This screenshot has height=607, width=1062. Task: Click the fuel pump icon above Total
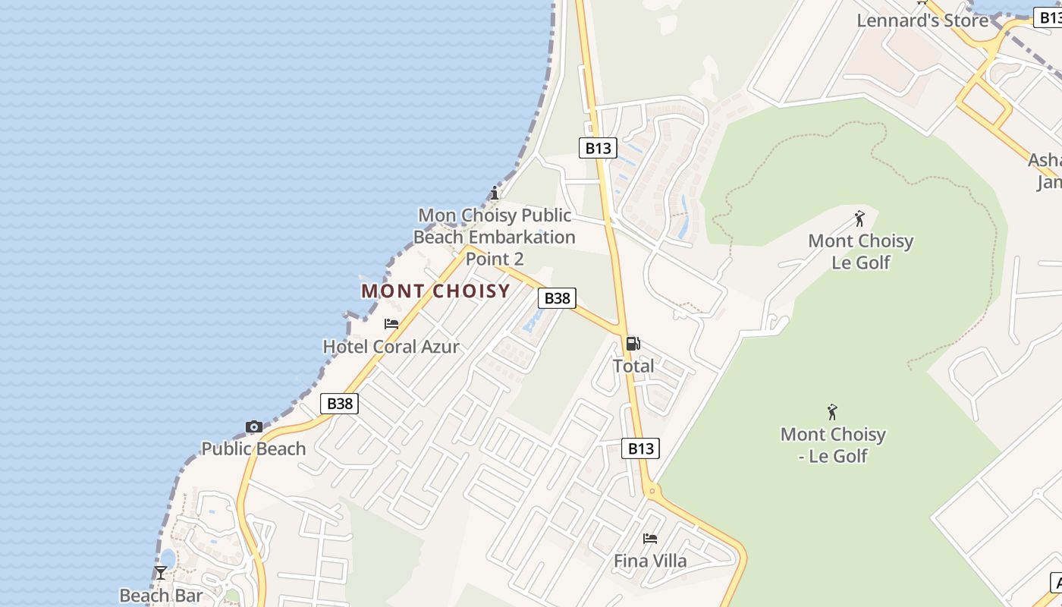point(633,344)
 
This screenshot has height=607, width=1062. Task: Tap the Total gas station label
point(633,366)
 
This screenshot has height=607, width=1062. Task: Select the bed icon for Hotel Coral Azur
point(391,323)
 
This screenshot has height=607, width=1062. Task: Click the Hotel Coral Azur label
point(391,347)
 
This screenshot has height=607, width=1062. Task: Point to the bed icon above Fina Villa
point(650,539)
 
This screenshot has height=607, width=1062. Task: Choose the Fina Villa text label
point(650,561)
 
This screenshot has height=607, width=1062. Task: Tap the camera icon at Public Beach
point(254,426)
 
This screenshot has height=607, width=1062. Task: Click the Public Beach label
point(253,448)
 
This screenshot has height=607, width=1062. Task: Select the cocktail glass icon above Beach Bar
point(161,572)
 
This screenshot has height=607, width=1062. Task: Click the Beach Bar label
point(161,595)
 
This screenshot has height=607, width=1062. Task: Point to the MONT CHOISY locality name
point(435,291)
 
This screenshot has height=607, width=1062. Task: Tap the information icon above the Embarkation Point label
point(495,193)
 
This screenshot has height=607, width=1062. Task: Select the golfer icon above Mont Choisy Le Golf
point(859,219)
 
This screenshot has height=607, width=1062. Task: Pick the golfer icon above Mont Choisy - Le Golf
point(833,412)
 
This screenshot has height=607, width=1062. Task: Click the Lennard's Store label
point(922,20)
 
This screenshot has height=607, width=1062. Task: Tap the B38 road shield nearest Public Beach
point(339,403)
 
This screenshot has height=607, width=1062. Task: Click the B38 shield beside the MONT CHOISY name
point(557,298)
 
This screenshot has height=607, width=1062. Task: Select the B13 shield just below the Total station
point(640,448)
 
